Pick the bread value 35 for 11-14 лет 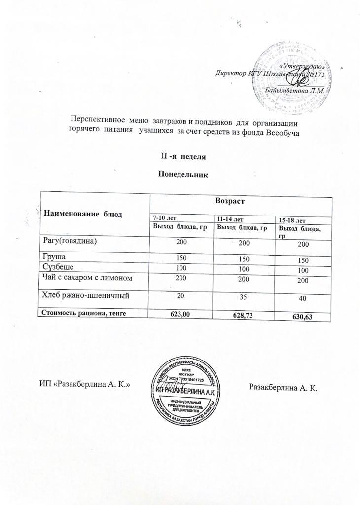click(x=242, y=297)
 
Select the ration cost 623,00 click(x=180, y=312)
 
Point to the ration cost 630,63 click(x=302, y=316)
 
